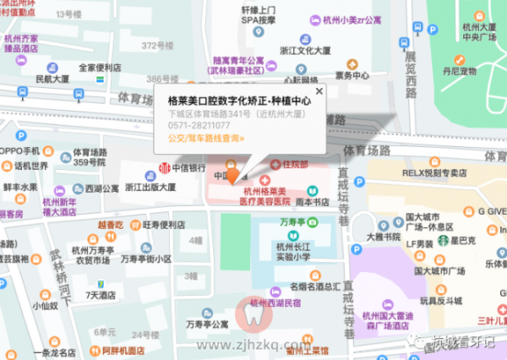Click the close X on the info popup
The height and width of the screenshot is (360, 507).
coord(319,90)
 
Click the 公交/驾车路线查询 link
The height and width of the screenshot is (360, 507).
coord(206,137)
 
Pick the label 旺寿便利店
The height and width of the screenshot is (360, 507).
coord(164,225)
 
